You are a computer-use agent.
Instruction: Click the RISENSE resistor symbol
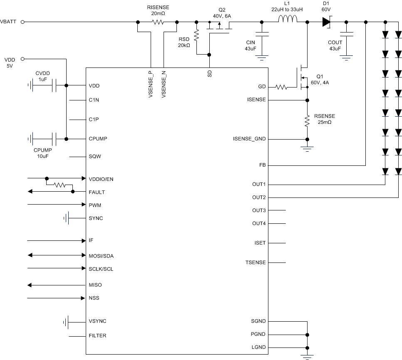click(x=157, y=22)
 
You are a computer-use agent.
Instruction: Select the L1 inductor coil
click(x=288, y=19)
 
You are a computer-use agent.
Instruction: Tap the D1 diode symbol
click(x=326, y=22)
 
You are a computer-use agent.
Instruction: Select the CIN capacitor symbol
click(x=262, y=35)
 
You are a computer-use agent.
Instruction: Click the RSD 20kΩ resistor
click(x=196, y=37)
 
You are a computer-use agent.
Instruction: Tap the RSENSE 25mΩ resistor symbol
click(x=307, y=120)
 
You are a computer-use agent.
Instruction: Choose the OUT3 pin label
click(x=258, y=210)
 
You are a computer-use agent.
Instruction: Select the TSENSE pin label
click(x=256, y=262)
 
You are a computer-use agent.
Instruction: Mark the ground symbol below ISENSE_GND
click(x=307, y=148)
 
